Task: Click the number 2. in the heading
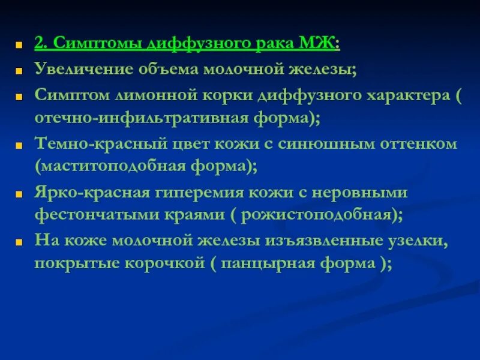41,44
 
